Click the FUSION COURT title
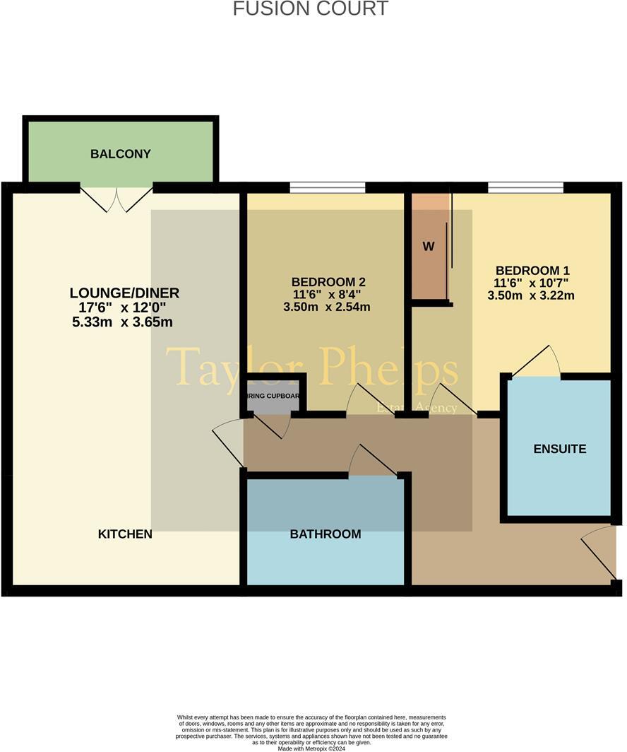coord(310,8)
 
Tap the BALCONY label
coord(121,154)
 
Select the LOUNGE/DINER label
coord(124,293)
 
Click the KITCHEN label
coord(125,534)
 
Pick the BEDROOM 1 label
coord(532,270)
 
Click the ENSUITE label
coord(560,450)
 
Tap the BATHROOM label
coord(326,534)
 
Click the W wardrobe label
coord(428,247)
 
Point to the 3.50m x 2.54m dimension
coord(326,307)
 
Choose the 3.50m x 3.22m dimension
coord(531,295)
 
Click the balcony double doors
coord(117,198)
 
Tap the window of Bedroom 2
coord(328,187)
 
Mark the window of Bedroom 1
coord(525,187)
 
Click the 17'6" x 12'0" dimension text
coord(124,307)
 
